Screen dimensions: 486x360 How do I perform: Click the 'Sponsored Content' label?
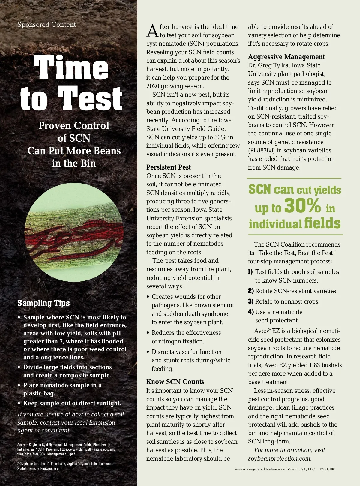[x=46, y=25]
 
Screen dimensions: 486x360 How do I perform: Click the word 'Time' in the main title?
[x=71, y=67]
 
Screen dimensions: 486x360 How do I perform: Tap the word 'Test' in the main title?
[x=90, y=98]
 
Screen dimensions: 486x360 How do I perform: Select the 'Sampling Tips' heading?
[x=43, y=303]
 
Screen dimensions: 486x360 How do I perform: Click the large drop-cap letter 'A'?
[x=152, y=31]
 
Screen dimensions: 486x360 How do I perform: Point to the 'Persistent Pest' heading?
[x=169, y=167]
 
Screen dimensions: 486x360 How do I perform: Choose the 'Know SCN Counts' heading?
[x=175, y=382]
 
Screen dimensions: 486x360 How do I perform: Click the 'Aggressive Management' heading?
[x=286, y=57]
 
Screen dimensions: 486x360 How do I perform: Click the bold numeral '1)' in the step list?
[x=250, y=272]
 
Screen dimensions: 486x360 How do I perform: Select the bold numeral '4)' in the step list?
[x=251, y=312]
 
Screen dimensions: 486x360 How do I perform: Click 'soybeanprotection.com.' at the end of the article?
[x=280, y=458]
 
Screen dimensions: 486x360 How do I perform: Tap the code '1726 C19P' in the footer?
[x=327, y=469]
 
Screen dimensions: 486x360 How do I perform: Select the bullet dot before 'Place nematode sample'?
[x=19, y=385]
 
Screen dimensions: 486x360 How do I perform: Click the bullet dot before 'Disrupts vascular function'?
[x=148, y=352]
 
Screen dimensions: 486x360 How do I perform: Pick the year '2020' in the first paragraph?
[x=153, y=86]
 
